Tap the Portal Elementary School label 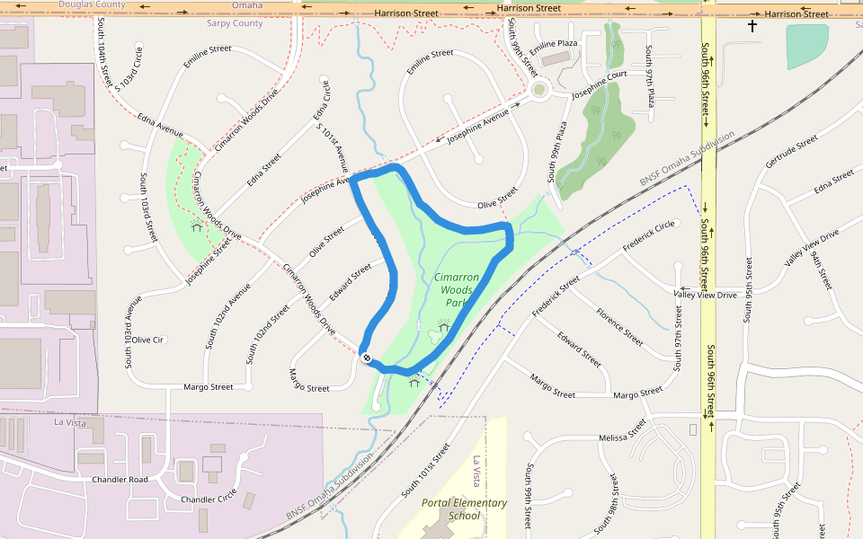pyautogui.click(x=464, y=509)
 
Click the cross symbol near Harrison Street pyautogui.click(x=752, y=27)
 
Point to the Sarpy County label pyautogui.click(x=235, y=23)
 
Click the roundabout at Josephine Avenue pyautogui.click(x=539, y=89)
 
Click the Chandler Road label pyautogui.click(x=120, y=480)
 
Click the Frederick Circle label pyautogui.click(x=648, y=236)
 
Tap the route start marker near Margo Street pyautogui.click(x=367, y=358)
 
